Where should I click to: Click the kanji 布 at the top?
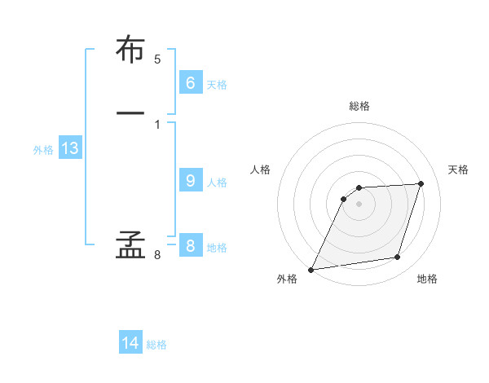click(x=130, y=51)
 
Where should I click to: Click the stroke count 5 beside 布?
click(x=157, y=59)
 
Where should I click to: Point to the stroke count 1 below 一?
click(x=157, y=124)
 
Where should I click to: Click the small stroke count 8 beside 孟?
click(x=157, y=256)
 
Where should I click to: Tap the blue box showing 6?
click(x=190, y=83)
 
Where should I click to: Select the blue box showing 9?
click(x=190, y=181)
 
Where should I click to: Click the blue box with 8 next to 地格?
click(x=190, y=246)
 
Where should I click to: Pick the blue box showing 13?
click(x=69, y=148)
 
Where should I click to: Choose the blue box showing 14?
click(x=130, y=343)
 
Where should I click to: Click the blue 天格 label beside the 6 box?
click(x=217, y=85)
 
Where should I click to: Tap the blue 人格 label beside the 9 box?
click(x=217, y=183)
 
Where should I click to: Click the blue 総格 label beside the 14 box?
click(x=156, y=345)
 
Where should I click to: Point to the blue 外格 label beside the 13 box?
click(x=43, y=150)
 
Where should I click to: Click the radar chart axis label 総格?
click(x=359, y=106)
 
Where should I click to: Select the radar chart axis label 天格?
click(x=458, y=169)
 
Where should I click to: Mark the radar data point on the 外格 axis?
click(x=311, y=269)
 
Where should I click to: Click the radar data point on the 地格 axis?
click(x=398, y=258)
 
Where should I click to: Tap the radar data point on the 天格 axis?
click(x=421, y=183)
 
